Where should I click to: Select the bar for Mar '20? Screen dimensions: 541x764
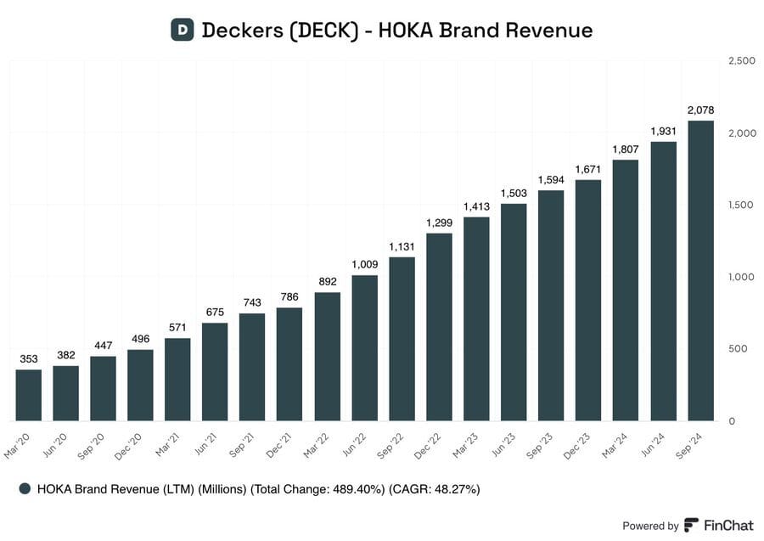tap(29, 395)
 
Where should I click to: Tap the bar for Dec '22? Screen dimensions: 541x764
tap(439, 327)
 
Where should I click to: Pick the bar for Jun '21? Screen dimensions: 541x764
tap(215, 371)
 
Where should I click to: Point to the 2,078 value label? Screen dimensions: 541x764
tap(700, 110)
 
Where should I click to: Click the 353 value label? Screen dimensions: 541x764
tap(29, 359)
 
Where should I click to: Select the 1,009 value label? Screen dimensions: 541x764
tap(364, 264)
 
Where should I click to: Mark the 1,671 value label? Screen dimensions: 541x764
tap(588, 169)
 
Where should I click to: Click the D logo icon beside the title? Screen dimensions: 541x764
tap(181, 30)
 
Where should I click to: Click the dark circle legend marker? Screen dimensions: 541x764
tap(25, 489)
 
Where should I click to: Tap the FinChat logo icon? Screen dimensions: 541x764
tap(691, 525)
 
